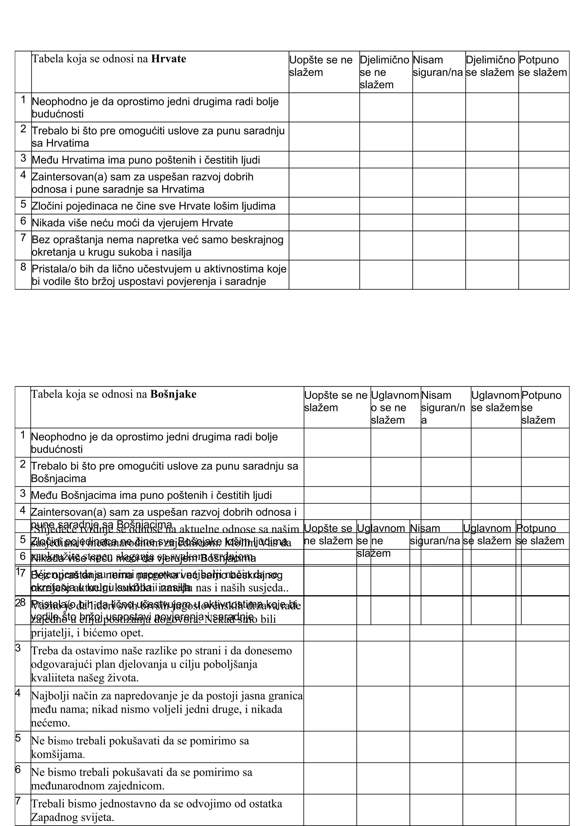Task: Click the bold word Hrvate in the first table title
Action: coord(169,59)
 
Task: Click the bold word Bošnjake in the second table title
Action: coord(173,394)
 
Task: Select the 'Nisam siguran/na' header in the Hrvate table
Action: coord(437,66)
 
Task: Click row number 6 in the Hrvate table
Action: coord(23,221)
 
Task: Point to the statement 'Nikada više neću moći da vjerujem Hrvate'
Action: coord(132,223)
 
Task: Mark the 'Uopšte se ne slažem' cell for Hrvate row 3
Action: coord(324,159)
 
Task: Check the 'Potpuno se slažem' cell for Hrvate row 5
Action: coord(543,206)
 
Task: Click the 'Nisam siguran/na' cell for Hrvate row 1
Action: coord(439,107)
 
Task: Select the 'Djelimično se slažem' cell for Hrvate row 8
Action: coord(492,274)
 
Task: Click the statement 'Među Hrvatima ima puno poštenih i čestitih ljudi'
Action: coord(146,160)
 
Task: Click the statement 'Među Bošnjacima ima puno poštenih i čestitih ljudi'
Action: coord(151,495)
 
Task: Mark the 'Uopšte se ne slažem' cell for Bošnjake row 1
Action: coord(337,442)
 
